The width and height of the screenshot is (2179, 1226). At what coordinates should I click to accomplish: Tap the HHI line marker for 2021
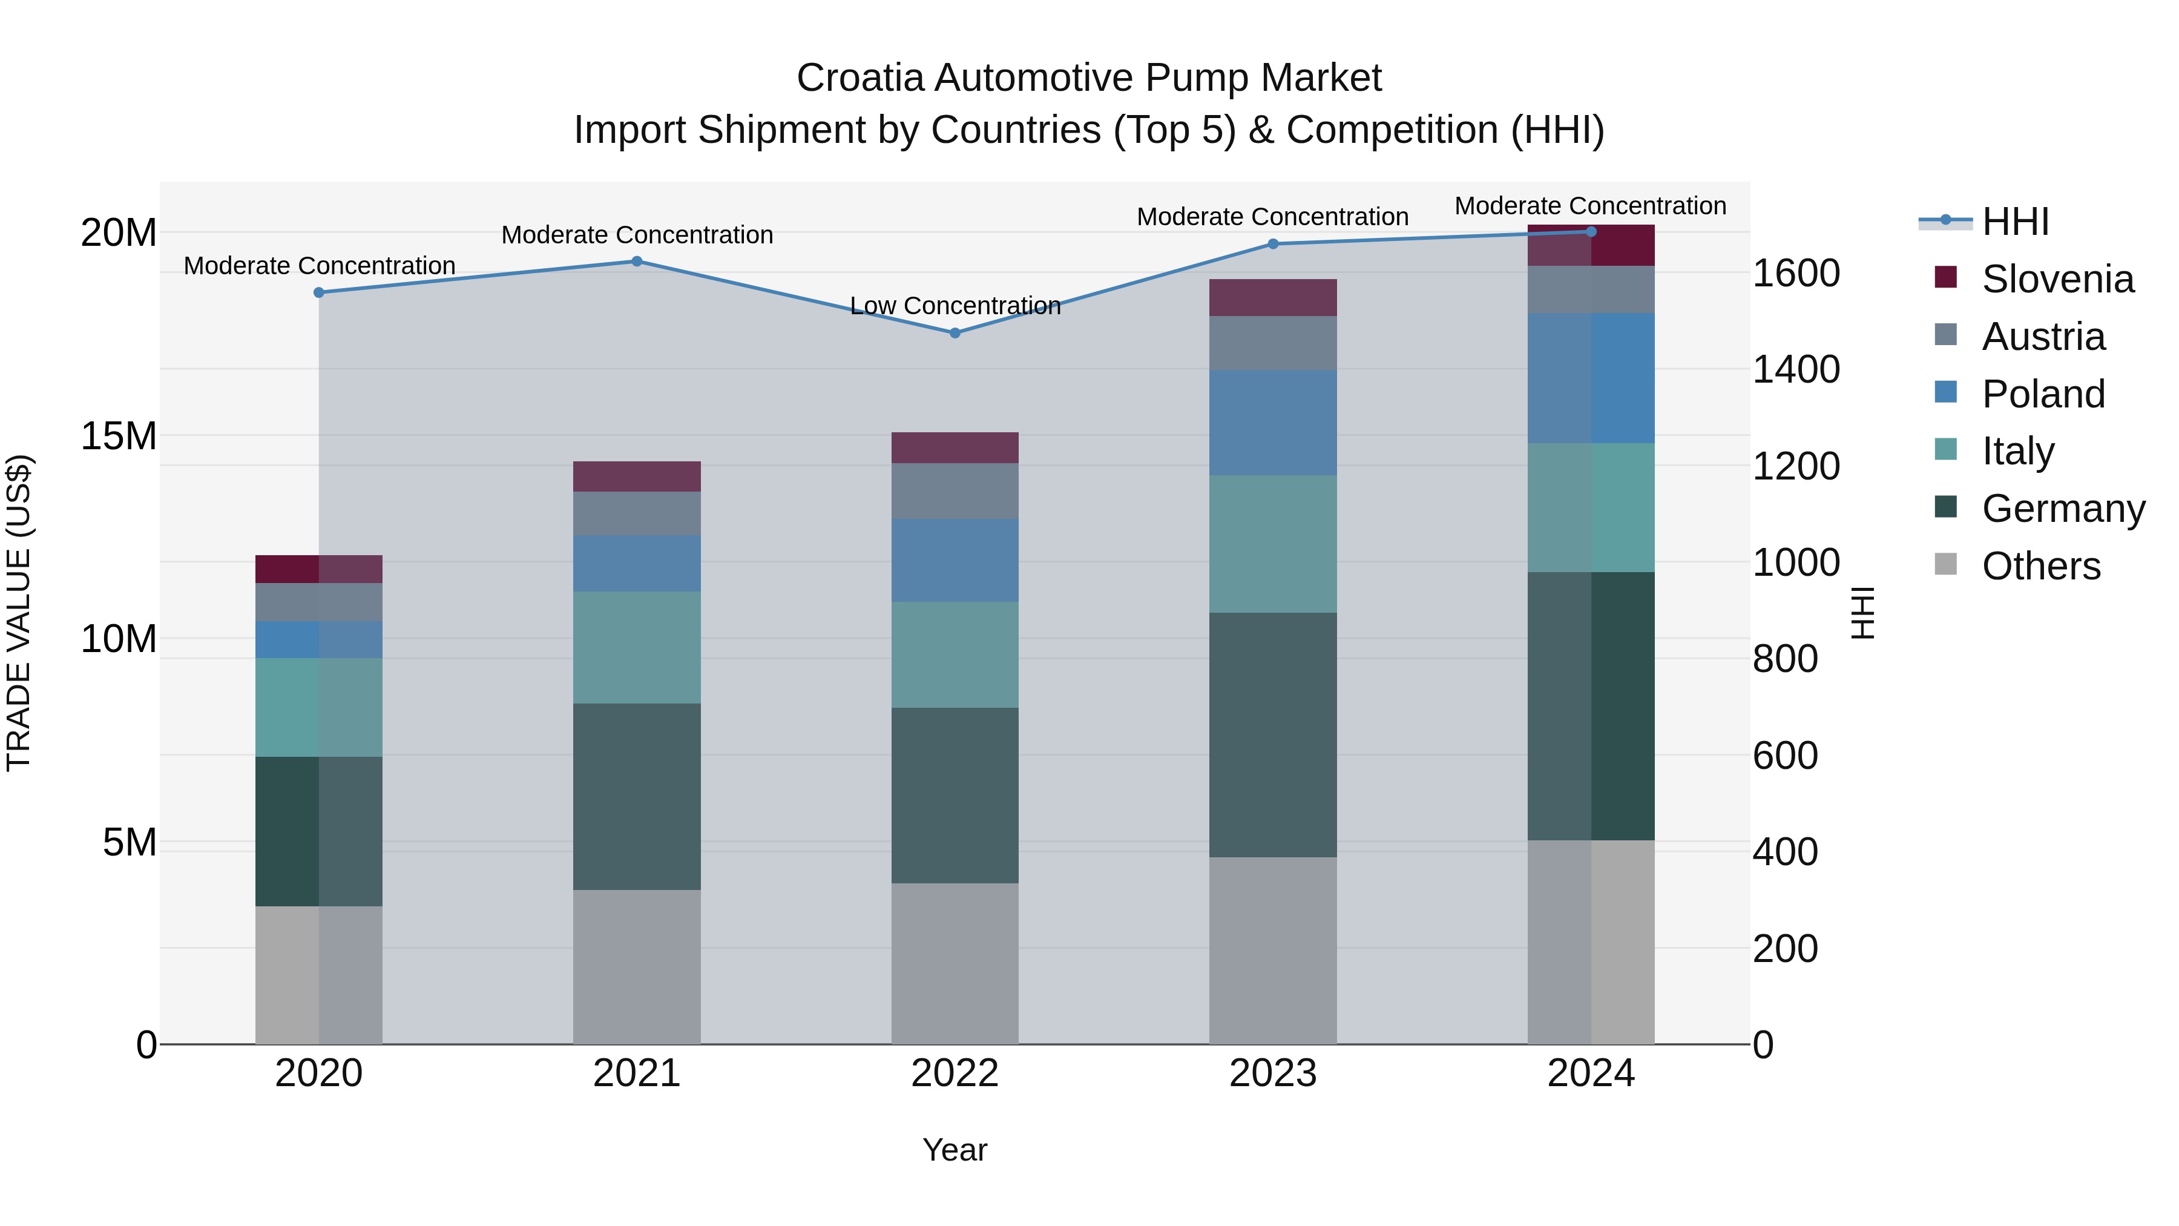click(x=637, y=262)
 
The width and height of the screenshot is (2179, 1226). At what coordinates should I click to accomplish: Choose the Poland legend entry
click(x=2042, y=394)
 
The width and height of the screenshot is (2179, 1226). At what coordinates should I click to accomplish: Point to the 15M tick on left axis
click(x=119, y=437)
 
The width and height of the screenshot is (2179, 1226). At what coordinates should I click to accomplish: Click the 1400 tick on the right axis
click(x=1795, y=370)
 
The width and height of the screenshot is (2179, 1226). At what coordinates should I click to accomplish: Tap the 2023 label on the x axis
click(x=1272, y=1073)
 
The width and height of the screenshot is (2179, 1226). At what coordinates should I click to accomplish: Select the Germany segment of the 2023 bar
click(x=1272, y=734)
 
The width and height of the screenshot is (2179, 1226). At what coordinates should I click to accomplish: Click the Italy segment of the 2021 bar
click(x=637, y=647)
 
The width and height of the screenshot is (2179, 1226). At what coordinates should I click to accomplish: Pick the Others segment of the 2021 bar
click(x=637, y=966)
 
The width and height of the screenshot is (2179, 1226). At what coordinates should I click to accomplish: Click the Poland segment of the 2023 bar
click(x=1272, y=422)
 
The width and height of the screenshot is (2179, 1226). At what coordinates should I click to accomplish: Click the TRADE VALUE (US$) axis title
click(x=19, y=613)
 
